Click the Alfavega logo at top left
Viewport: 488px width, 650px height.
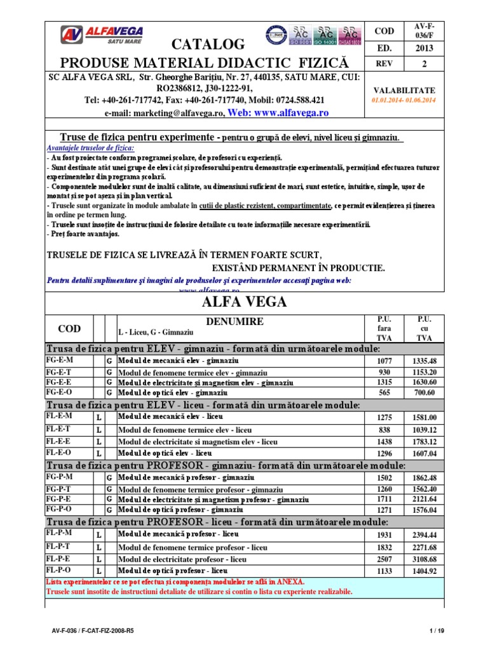point(102,34)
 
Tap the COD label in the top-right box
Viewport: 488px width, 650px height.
point(384,30)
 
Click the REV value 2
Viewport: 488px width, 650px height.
point(424,63)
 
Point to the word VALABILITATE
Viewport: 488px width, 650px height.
point(404,91)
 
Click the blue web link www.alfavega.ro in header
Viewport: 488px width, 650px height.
point(283,112)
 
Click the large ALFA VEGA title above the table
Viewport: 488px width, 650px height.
point(244,302)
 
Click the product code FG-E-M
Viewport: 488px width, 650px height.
point(59,361)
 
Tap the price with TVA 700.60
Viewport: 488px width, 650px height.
point(424,393)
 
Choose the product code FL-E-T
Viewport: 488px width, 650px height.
point(59,430)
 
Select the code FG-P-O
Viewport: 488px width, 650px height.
point(59,509)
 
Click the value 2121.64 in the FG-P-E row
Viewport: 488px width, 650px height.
point(424,500)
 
